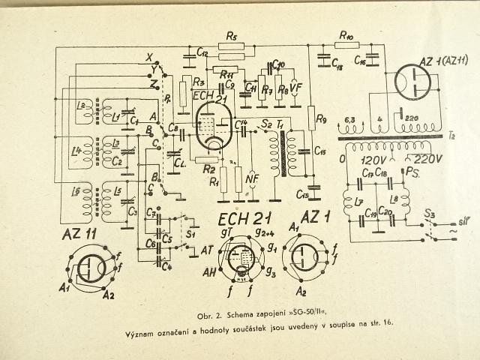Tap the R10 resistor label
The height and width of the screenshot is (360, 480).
click(346, 34)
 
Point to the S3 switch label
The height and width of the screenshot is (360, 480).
click(433, 218)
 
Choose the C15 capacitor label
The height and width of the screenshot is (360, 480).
click(320, 153)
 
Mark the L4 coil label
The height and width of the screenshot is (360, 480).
click(76, 151)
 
